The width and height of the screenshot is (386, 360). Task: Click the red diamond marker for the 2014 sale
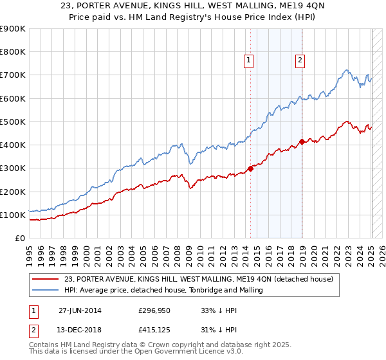pyautogui.click(x=250, y=169)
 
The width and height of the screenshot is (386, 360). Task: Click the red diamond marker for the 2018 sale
pyautogui.click(x=301, y=141)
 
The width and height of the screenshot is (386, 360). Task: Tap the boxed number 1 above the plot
pyautogui.click(x=249, y=61)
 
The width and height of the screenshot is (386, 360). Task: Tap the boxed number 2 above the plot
pyautogui.click(x=300, y=61)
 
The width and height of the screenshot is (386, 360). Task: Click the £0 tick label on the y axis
pyautogui.click(x=20, y=238)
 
